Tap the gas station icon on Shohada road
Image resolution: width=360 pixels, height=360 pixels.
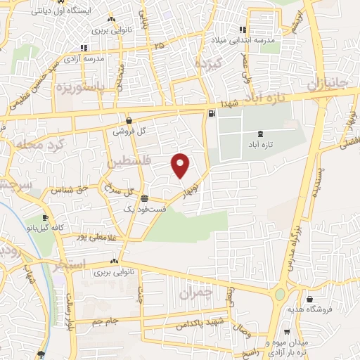coord(211,113)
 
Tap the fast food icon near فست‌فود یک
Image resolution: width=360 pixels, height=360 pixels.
coord(145,198)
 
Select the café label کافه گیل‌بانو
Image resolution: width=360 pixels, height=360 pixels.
coord(46,229)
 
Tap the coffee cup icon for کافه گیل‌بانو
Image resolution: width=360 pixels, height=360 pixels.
coord(46,217)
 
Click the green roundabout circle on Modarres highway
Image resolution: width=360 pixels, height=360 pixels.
coord(280,294)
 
